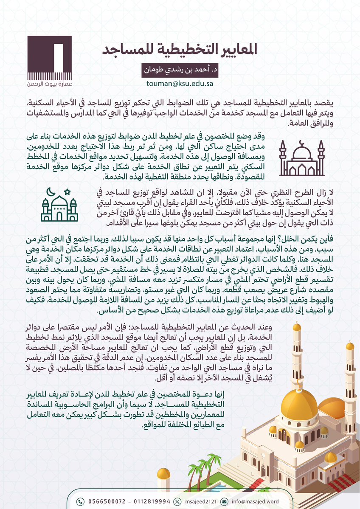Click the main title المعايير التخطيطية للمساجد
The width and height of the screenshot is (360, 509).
point(180,49)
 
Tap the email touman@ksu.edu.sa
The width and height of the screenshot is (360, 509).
point(180,84)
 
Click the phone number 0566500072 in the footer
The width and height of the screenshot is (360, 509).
point(105,501)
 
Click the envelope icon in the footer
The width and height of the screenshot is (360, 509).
point(224,501)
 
